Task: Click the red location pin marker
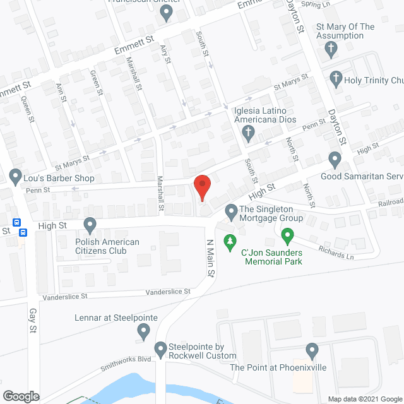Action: click(x=201, y=186)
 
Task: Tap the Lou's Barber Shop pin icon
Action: click(x=15, y=174)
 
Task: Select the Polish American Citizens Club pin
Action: click(x=90, y=223)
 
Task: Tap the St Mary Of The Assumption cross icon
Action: click(x=330, y=49)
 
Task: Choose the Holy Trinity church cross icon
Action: click(x=336, y=80)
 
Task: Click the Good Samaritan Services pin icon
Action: click(x=335, y=158)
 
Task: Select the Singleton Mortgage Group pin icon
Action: click(x=232, y=210)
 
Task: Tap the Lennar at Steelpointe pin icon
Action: click(x=144, y=329)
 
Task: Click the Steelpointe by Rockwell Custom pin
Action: click(x=160, y=348)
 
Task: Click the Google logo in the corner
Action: click(x=20, y=396)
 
